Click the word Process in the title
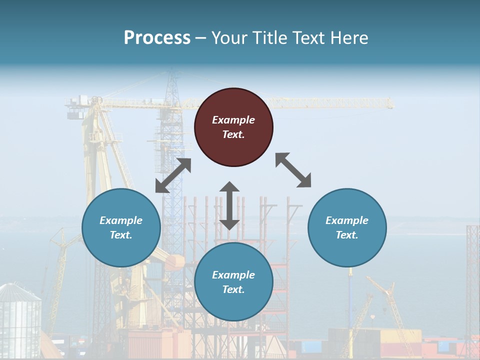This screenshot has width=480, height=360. point(157,37)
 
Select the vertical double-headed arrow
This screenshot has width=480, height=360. point(229,205)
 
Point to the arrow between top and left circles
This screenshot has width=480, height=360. point(173,175)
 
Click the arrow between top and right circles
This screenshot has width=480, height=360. point(293,170)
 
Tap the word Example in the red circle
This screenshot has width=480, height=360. point(233,120)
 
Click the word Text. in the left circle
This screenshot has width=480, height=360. point(121,235)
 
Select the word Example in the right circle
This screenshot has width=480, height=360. point(347,220)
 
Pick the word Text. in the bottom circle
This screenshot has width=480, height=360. point(233,289)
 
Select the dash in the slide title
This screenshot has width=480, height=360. point(201,38)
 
